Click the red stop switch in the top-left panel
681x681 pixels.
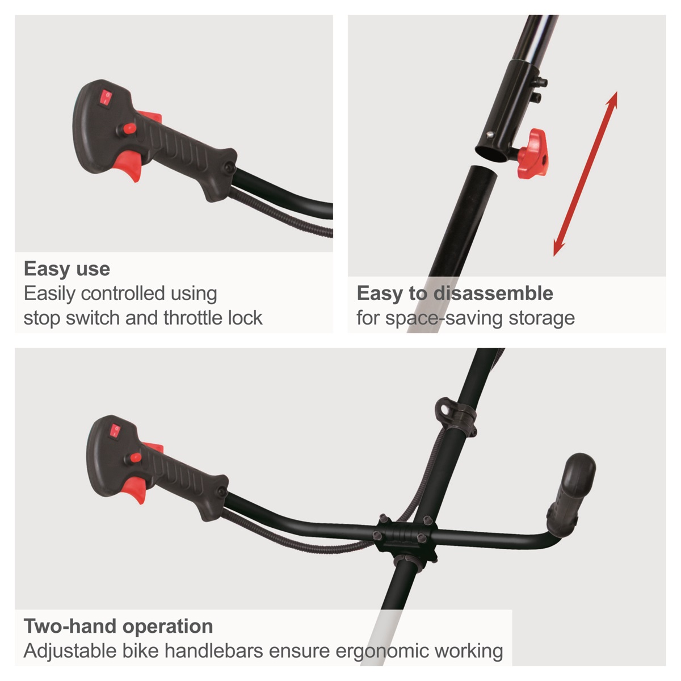click(x=106, y=98)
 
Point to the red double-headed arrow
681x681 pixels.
click(x=585, y=174)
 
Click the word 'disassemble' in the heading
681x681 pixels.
click(x=493, y=293)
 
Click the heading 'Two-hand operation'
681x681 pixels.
click(x=119, y=626)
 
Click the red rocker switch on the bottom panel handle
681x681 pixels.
click(x=115, y=432)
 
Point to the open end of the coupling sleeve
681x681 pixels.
click(x=492, y=156)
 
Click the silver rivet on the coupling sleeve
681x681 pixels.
click(x=489, y=134)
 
